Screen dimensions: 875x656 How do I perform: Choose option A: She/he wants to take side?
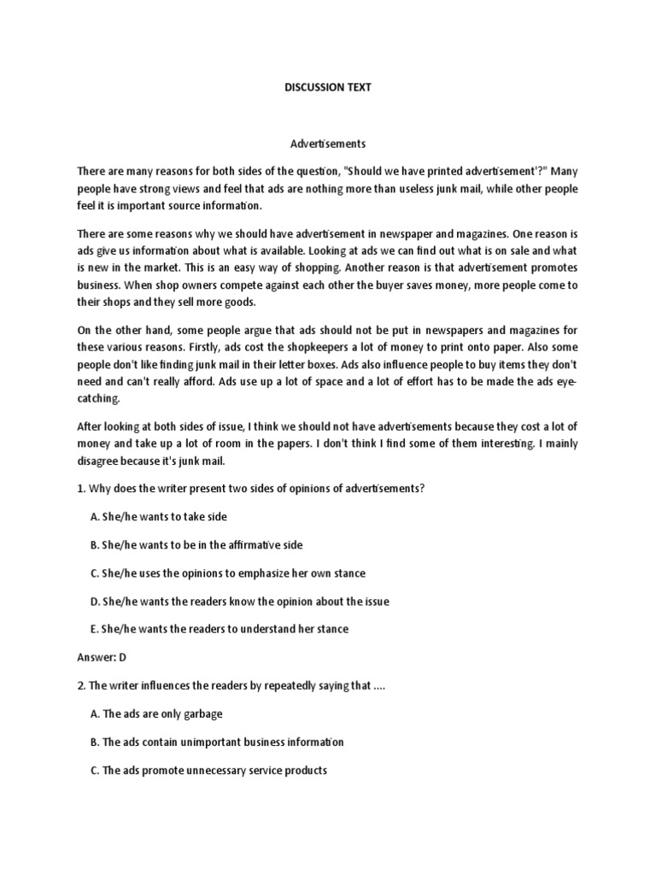coord(158,517)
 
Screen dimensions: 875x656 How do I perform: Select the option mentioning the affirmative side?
coord(196,544)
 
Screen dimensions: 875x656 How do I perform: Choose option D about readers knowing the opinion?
coord(239,601)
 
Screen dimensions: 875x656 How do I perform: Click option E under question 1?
coord(219,629)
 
